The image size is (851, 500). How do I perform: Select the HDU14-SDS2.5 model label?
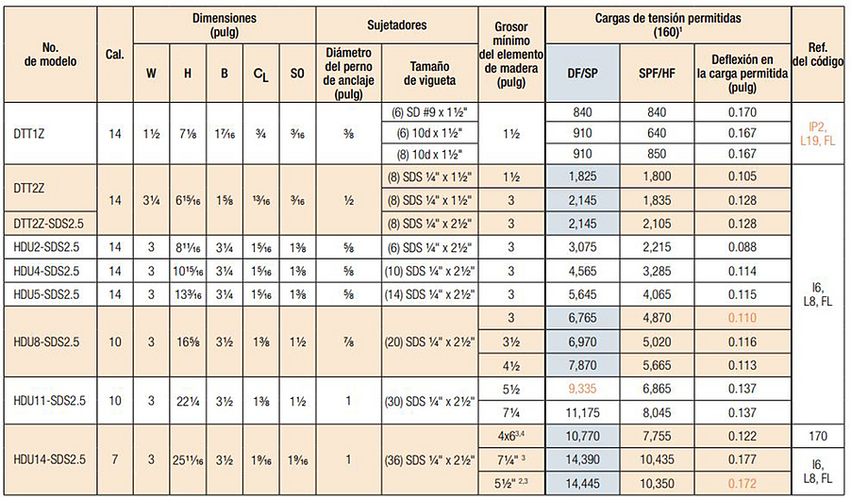coord(48,459)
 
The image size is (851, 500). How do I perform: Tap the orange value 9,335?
coord(582,387)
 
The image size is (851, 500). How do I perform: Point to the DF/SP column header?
coord(582,72)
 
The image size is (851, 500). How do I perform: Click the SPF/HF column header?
coord(658,72)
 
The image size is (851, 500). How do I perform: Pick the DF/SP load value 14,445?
coord(582,484)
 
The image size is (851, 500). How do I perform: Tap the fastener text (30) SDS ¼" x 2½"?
coord(427,400)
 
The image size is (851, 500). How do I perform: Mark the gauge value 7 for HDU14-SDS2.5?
coord(115,459)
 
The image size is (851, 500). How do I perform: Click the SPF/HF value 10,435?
coord(658,459)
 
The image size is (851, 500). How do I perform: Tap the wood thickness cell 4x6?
coord(509,436)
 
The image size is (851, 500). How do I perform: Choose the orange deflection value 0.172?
coord(743,484)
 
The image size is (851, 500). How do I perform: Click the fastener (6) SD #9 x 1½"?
coord(427,112)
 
